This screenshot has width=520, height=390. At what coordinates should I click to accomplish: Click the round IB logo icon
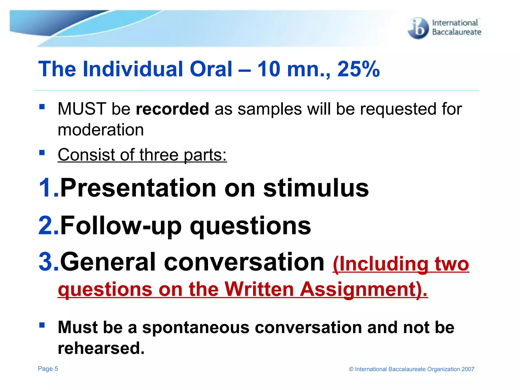tap(418, 28)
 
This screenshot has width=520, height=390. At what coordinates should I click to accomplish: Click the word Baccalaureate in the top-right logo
tap(457, 32)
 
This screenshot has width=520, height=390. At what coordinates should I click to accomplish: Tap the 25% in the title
tap(358, 69)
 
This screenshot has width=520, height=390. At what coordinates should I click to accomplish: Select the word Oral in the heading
tap(211, 69)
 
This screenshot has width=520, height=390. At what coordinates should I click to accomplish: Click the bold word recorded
tap(172, 109)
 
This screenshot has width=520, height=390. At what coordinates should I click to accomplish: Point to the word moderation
tap(101, 130)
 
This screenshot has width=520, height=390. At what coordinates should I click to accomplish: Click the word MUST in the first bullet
tap(82, 109)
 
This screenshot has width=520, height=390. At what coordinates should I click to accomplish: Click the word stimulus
tap(316, 188)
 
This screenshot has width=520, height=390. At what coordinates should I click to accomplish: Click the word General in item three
tap(108, 262)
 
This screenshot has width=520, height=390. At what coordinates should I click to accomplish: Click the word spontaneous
tap(196, 327)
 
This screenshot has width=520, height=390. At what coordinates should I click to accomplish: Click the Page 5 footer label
tap(48, 369)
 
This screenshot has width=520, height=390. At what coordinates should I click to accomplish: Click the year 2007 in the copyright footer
tap(468, 369)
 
